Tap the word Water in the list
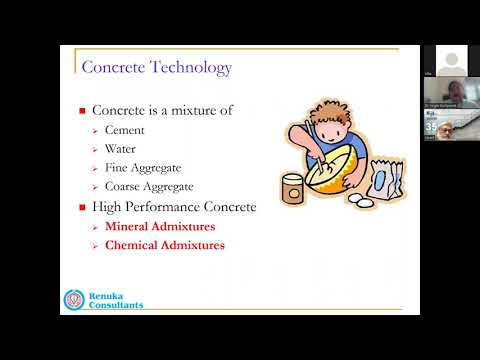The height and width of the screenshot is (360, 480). pos(121,149)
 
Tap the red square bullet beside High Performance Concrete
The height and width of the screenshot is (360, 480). pos(83,208)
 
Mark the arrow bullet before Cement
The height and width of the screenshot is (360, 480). pos(94,131)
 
